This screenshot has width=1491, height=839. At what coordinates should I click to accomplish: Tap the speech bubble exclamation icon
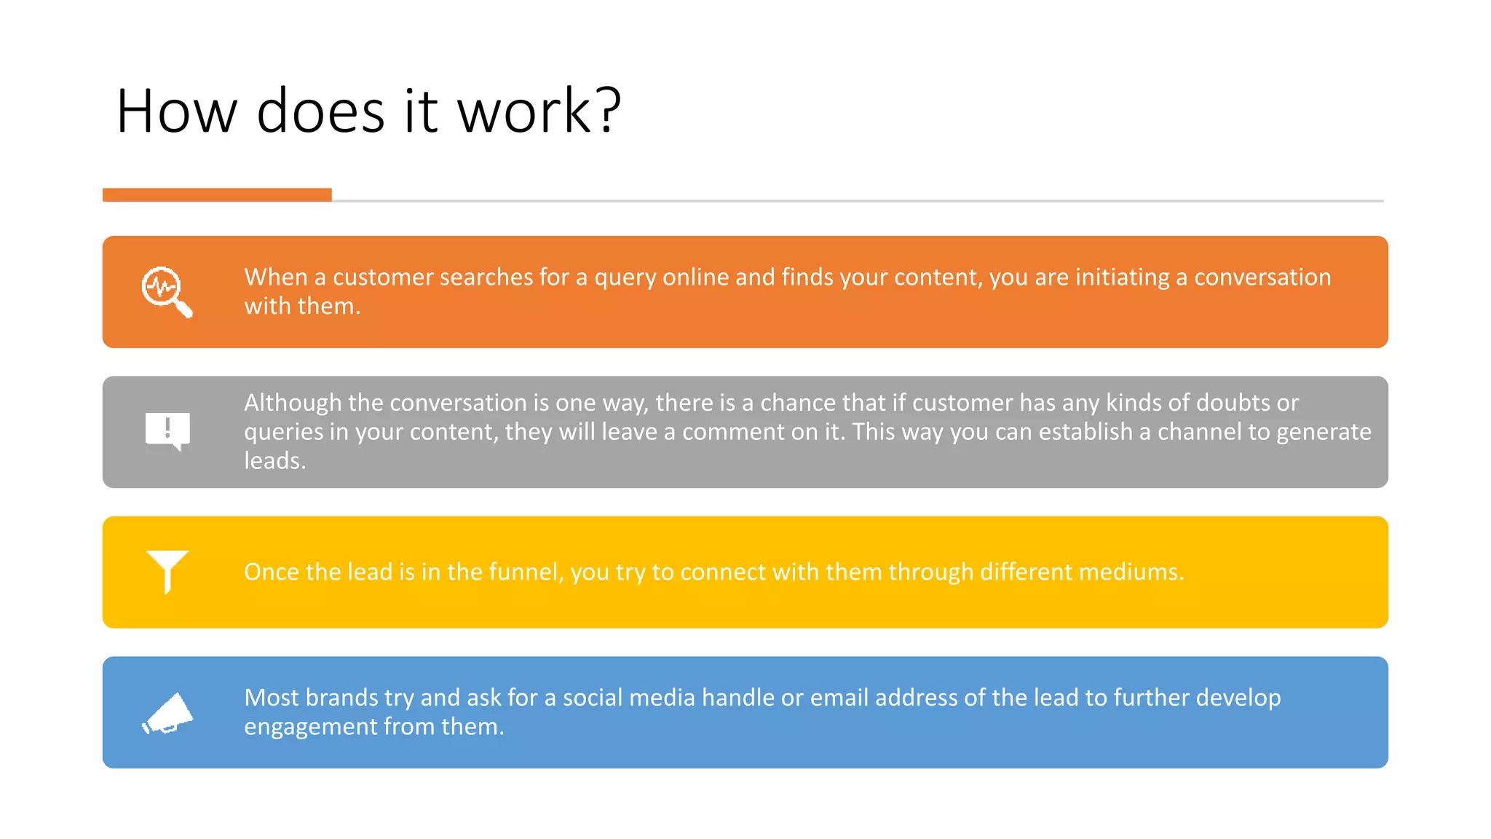tap(167, 430)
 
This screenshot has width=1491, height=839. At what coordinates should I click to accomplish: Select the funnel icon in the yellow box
tap(167, 570)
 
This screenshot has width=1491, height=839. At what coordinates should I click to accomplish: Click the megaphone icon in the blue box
tap(168, 712)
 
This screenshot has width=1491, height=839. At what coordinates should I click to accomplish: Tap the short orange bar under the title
tap(217, 194)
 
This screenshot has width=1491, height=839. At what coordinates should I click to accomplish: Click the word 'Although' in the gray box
tap(293, 403)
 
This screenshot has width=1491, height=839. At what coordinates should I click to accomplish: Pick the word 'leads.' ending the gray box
tap(274, 461)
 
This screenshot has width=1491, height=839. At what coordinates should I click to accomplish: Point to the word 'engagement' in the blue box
tap(310, 727)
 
